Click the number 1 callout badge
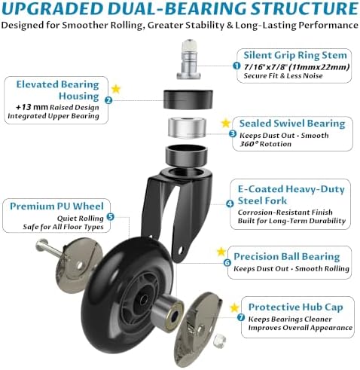coord(236,66)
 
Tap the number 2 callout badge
coord(108,100)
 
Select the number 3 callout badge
coord(233,133)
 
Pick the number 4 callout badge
coord(230,203)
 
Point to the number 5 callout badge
coord(111,216)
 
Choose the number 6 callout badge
coord(227,263)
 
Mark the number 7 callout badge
coord(241,317)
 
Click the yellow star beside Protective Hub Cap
coord(234,307)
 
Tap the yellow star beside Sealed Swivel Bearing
coord(226,123)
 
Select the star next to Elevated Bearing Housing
coord(116,89)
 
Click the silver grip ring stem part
coord(189,60)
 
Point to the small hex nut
coord(219,341)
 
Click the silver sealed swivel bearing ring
coord(187,127)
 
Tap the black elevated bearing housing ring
coord(188,99)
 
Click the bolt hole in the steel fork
coord(180,250)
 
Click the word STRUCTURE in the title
coord(304,8)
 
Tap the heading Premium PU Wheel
coord(56,206)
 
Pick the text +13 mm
coord(32,107)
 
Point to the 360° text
coord(249,144)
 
